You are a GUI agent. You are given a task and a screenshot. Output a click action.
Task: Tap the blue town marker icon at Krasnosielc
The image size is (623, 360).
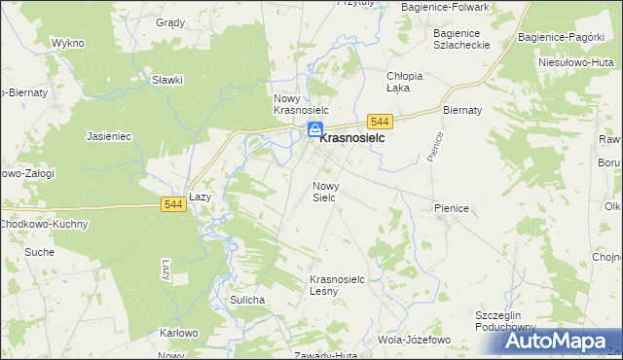[315, 130]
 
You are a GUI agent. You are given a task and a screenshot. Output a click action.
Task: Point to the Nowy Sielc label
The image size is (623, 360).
[324, 191]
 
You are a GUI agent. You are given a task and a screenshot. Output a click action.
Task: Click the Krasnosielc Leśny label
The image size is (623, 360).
[337, 285]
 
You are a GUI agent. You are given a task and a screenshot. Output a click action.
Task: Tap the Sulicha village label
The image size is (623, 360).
[247, 300]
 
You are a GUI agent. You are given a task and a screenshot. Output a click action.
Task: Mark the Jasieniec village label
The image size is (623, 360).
[109, 137]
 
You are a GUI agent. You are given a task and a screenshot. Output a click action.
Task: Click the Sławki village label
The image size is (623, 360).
[167, 80]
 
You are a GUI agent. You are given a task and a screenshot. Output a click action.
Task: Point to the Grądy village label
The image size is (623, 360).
[170, 21]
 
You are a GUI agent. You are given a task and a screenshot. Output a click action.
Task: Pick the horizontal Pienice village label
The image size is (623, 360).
[453, 208]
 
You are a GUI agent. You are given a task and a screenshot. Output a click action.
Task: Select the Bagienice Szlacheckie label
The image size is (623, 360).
[463, 39]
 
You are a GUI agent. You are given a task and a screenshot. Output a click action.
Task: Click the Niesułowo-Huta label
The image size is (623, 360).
[573, 61]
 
